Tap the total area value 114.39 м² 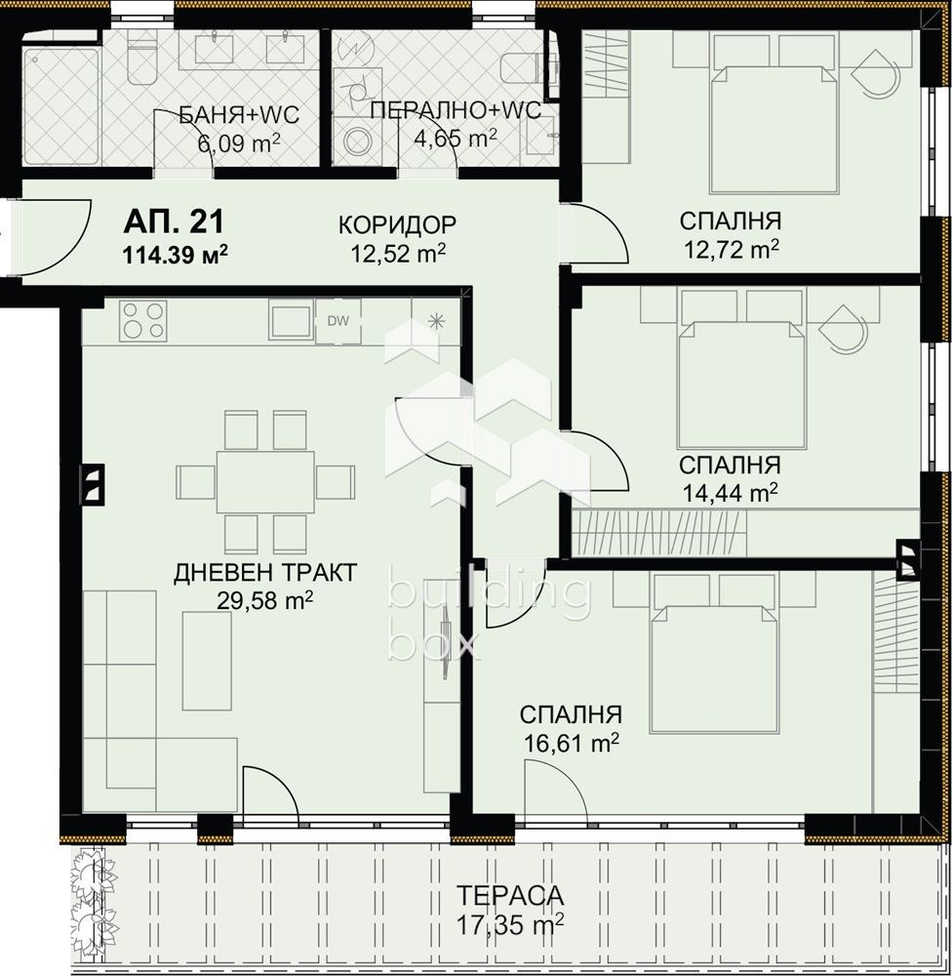(175, 255)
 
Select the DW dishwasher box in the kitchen (337, 321)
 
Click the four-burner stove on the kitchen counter (143, 321)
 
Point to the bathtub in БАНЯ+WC (60, 98)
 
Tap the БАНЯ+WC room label (239, 116)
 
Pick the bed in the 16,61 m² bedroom (715, 664)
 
